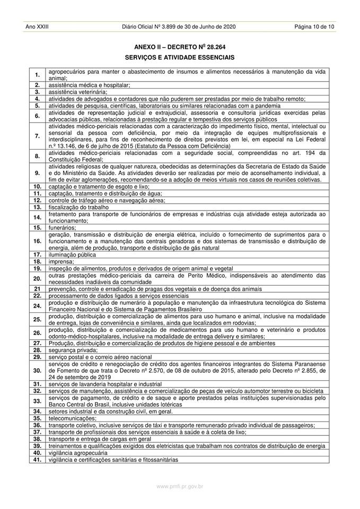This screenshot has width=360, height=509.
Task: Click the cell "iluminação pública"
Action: click(x=73, y=254)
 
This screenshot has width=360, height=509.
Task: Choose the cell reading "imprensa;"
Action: click(x=61, y=261)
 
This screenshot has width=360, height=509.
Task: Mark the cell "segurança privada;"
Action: click(x=73, y=350)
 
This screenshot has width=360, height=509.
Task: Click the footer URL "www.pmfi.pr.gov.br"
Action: click(x=180, y=486)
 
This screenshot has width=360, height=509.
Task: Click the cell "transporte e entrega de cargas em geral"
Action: click(x=99, y=439)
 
